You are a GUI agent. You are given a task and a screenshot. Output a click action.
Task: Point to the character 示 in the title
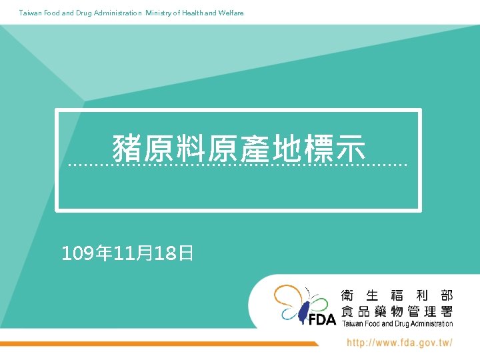[x=351, y=148]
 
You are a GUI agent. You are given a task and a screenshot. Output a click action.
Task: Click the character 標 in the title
[x=319, y=148]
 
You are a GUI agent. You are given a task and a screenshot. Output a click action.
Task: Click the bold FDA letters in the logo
[x=322, y=320]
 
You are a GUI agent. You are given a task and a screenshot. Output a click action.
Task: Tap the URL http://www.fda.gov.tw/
[x=399, y=343]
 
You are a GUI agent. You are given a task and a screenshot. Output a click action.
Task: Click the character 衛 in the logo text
[x=347, y=295]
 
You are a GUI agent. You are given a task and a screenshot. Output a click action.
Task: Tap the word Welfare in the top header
[x=231, y=13]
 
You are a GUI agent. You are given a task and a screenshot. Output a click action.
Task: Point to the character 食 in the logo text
[x=347, y=311]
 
